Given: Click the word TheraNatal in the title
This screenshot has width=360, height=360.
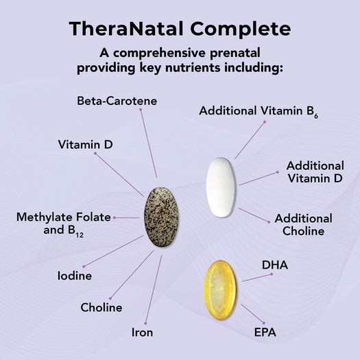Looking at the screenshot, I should coord(126,29).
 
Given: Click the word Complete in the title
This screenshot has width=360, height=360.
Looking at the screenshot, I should coord(238,29).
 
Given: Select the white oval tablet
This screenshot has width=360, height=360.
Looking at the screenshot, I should coord(220,187).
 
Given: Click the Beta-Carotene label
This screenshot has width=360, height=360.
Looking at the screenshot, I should coord(116,101).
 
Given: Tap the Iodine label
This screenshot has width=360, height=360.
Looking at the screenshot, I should coord(75,276).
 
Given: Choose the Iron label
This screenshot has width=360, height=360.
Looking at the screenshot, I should coord(143,333).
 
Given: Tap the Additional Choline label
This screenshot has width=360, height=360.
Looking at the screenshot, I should coord(303,224).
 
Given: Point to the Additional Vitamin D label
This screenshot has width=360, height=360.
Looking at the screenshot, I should coord(315,171).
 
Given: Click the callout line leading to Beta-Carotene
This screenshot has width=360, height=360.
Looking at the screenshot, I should coord(148,143).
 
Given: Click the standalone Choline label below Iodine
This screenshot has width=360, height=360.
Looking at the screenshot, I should coord(101,307).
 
